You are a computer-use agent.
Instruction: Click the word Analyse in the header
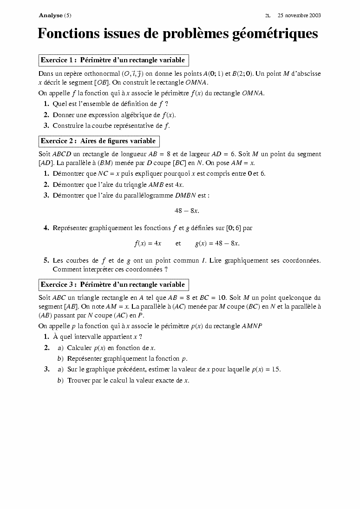50,15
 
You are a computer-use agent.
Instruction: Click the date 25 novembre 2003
299,15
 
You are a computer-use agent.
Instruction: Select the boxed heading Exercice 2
98,141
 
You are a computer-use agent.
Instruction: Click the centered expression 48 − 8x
187,211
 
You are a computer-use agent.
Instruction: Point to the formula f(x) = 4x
148,243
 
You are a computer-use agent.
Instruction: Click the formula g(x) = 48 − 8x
217,243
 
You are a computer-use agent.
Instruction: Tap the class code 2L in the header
268,15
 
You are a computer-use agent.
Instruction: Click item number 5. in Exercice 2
46,260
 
